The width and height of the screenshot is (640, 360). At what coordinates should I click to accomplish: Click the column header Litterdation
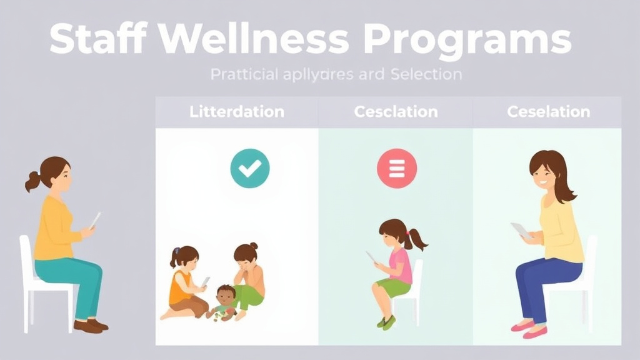(x=236, y=112)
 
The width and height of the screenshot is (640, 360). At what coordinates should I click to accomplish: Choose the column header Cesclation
(x=396, y=112)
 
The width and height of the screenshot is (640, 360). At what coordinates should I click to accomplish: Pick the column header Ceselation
(x=548, y=112)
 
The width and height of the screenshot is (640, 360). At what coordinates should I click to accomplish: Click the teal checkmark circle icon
(x=249, y=168)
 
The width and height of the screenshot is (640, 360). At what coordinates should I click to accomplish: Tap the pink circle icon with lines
(x=396, y=168)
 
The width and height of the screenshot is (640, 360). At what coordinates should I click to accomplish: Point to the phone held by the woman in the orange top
(x=95, y=219)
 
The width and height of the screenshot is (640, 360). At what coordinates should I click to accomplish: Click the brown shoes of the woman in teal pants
(x=91, y=325)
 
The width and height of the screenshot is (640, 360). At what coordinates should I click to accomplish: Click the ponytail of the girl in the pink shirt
(x=417, y=239)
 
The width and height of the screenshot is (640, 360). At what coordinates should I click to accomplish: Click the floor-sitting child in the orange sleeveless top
(x=184, y=281)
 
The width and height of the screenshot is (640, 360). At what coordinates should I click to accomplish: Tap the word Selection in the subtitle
(x=426, y=74)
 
